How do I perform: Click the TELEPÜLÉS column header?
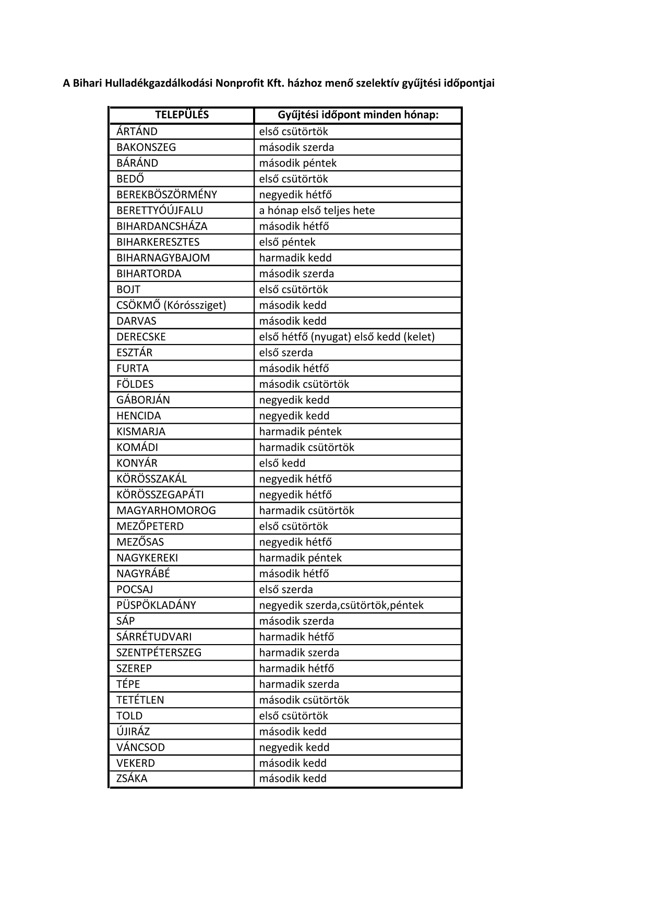point(182,115)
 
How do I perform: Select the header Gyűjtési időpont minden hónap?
point(358,115)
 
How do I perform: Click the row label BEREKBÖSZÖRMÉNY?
point(166,195)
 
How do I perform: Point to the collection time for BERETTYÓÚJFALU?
point(317,210)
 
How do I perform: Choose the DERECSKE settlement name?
point(141,337)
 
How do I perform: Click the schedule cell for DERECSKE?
point(346,337)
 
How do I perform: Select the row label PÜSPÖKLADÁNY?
point(156,605)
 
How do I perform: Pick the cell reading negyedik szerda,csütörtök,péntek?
point(341,605)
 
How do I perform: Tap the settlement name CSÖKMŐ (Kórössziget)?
point(171,305)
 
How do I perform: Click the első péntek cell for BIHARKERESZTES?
point(287,242)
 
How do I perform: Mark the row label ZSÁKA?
point(131,778)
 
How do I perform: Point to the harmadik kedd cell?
point(295,258)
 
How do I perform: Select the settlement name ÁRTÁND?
point(137,132)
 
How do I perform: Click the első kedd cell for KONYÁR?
point(282,463)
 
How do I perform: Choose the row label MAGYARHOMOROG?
point(166,510)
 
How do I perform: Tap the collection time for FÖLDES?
point(304,384)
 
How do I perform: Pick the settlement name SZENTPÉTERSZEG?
point(159,652)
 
